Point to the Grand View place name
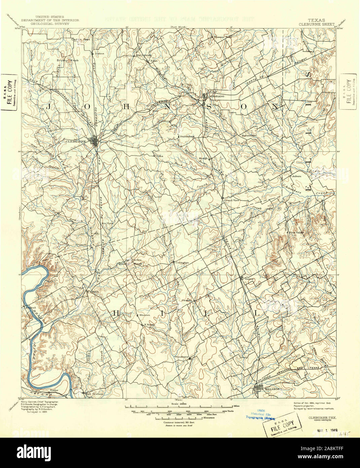pyautogui.click(x=231, y=200)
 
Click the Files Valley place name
pyautogui.click(x=296, y=232)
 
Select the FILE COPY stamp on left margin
pyautogui.click(x=9, y=93)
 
